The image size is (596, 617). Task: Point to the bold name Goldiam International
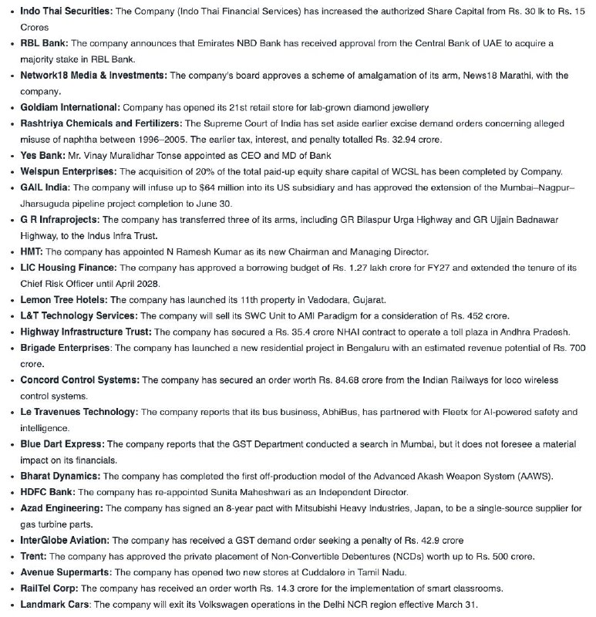[x=70, y=107]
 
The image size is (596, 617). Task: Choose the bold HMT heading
[x=32, y=252]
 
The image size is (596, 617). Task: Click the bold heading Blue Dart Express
[x=62, y=445]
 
